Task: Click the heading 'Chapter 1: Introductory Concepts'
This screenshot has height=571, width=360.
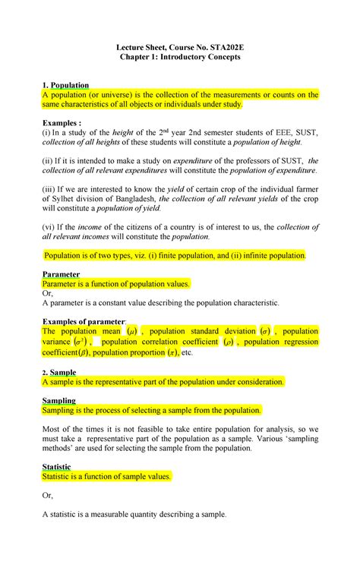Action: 179,58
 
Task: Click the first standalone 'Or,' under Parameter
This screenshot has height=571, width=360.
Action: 48,292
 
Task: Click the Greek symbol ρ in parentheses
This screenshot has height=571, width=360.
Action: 229,342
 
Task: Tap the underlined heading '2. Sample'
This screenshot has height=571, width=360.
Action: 59,373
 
